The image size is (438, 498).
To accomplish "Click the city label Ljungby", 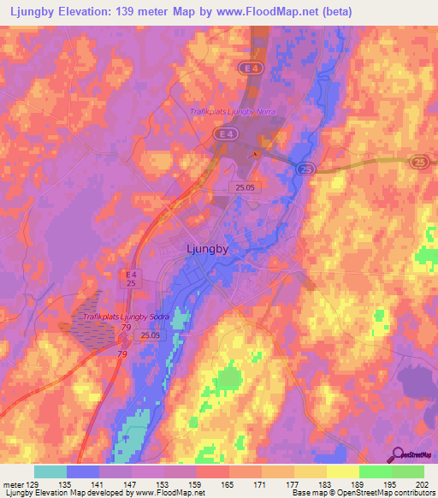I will point(206,249).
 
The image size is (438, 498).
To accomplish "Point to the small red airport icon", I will point(253,154).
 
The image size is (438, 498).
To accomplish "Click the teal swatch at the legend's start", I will point(50,471).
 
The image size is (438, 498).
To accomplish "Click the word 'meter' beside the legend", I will point(13,485).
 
